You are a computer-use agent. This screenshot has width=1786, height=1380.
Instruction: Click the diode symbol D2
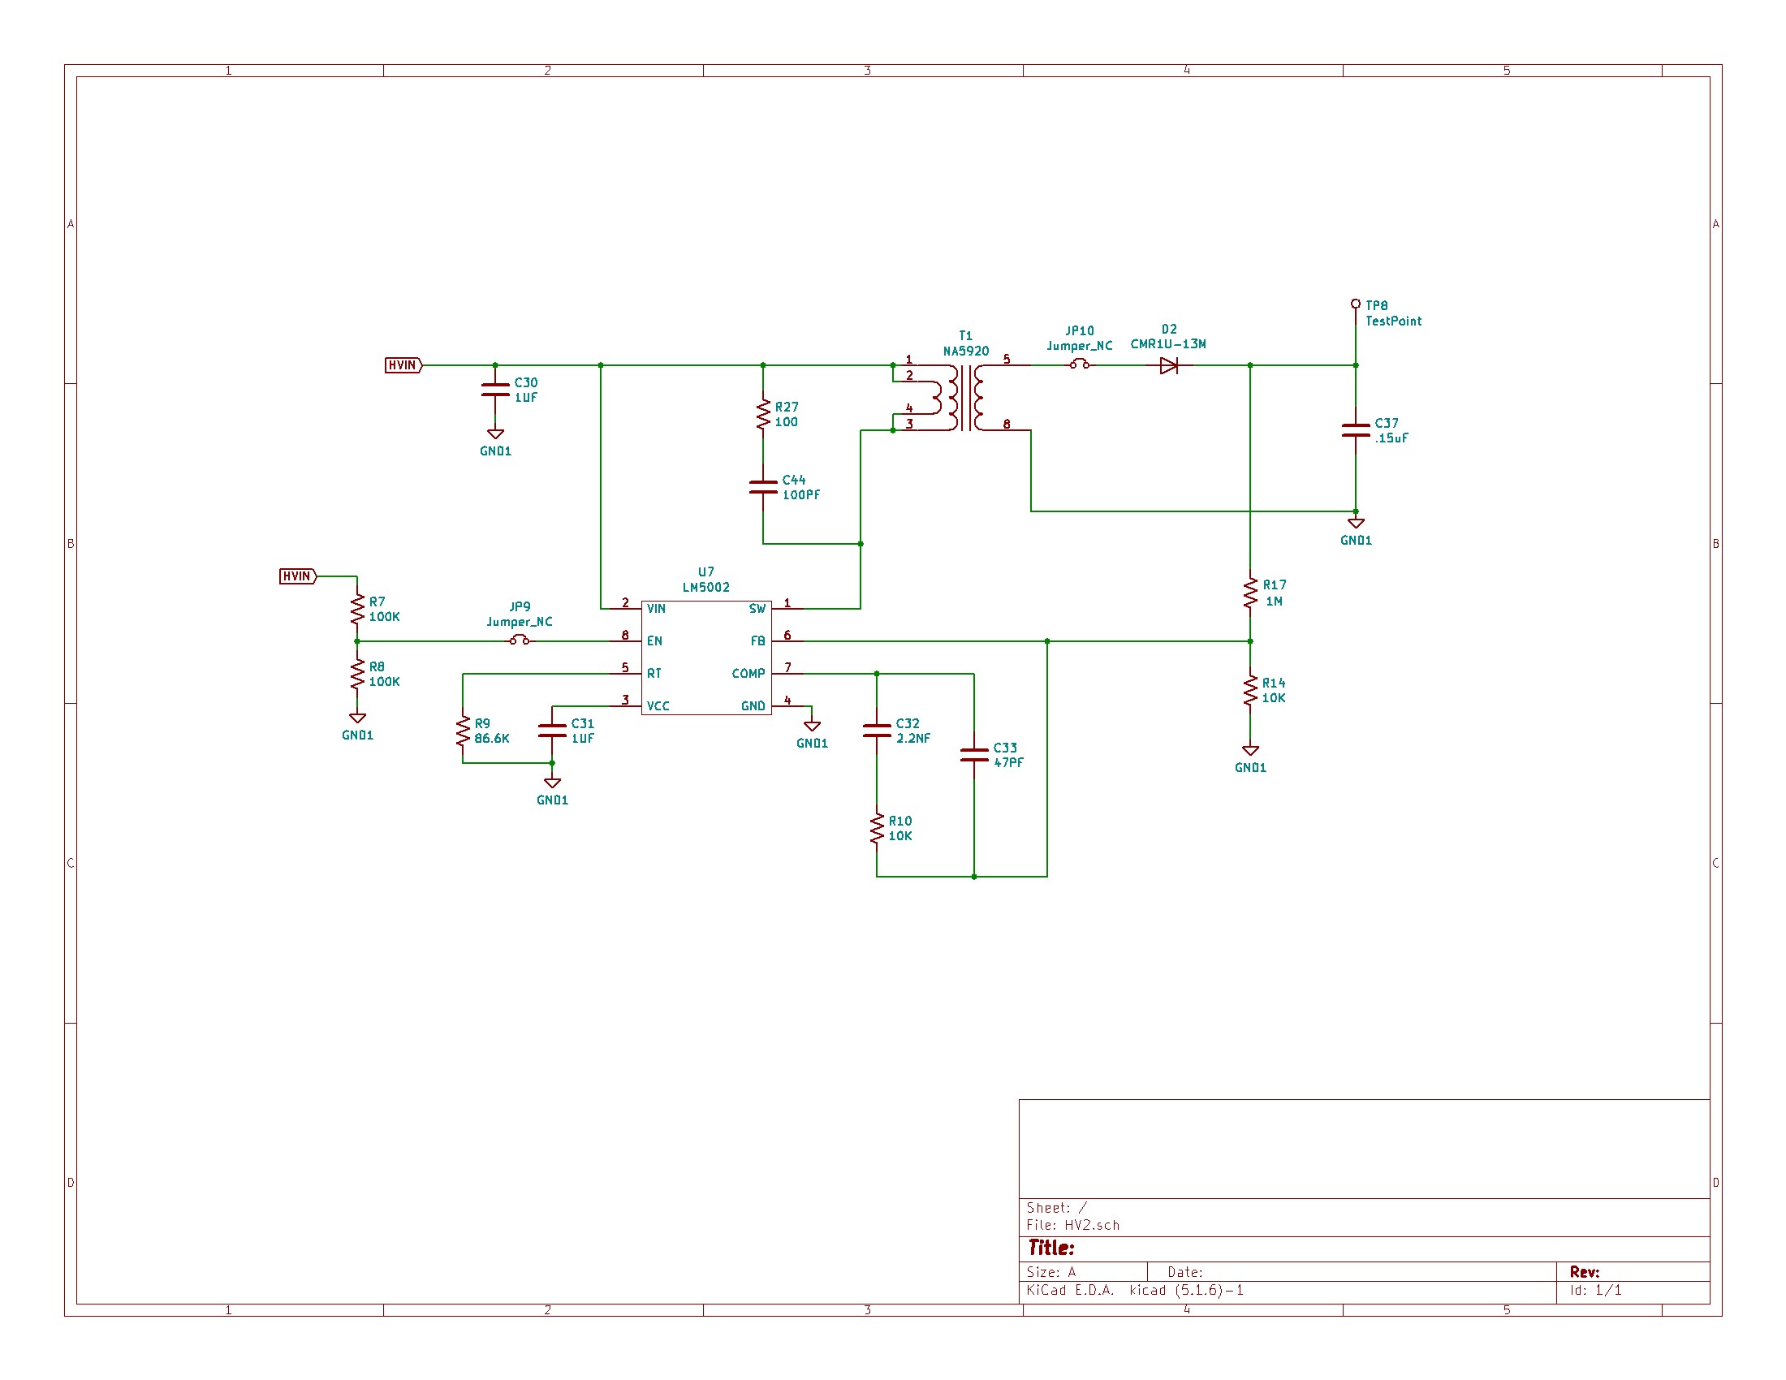click(x=1168, y=365)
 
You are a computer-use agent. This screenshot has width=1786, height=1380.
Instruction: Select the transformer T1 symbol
click(x=966, y=398)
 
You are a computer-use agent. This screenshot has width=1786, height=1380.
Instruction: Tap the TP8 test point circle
click(x=1355, y=304)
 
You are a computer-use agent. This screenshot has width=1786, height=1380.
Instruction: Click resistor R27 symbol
click(x=763, y=415)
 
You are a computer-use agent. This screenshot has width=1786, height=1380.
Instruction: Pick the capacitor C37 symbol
click(x=1355, y=430)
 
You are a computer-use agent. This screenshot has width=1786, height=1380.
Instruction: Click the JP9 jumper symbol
click(x=520, y=641)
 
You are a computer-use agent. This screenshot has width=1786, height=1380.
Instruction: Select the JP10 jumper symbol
click(x=1080, y=364)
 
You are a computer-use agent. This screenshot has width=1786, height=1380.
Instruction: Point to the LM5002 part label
click(x=705, y=587)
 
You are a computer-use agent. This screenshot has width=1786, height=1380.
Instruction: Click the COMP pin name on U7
click(x=748, y=674)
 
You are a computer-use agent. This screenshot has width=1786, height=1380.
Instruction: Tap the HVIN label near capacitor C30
click(x=403, y=365)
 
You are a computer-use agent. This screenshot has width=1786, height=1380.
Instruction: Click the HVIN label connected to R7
click(x=298, y=576)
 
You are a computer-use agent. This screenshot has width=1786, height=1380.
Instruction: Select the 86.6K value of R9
click(x=491, y=738)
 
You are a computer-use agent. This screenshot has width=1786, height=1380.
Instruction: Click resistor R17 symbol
click(x=1249, y=593)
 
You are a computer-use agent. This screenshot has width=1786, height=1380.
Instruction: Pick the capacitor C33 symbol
click(x=974, y=755)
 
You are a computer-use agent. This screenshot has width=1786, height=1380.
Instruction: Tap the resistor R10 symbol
click(x=877, y=828)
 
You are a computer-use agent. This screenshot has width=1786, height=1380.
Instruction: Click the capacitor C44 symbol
click(x=763, y=487)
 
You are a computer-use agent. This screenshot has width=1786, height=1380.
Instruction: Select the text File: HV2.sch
click(x=1072, y=1225)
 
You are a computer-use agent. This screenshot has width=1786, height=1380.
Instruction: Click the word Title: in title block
click(x=1050, y=1248)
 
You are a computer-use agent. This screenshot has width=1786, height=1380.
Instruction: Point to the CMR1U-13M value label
click(x=1167, y=344)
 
